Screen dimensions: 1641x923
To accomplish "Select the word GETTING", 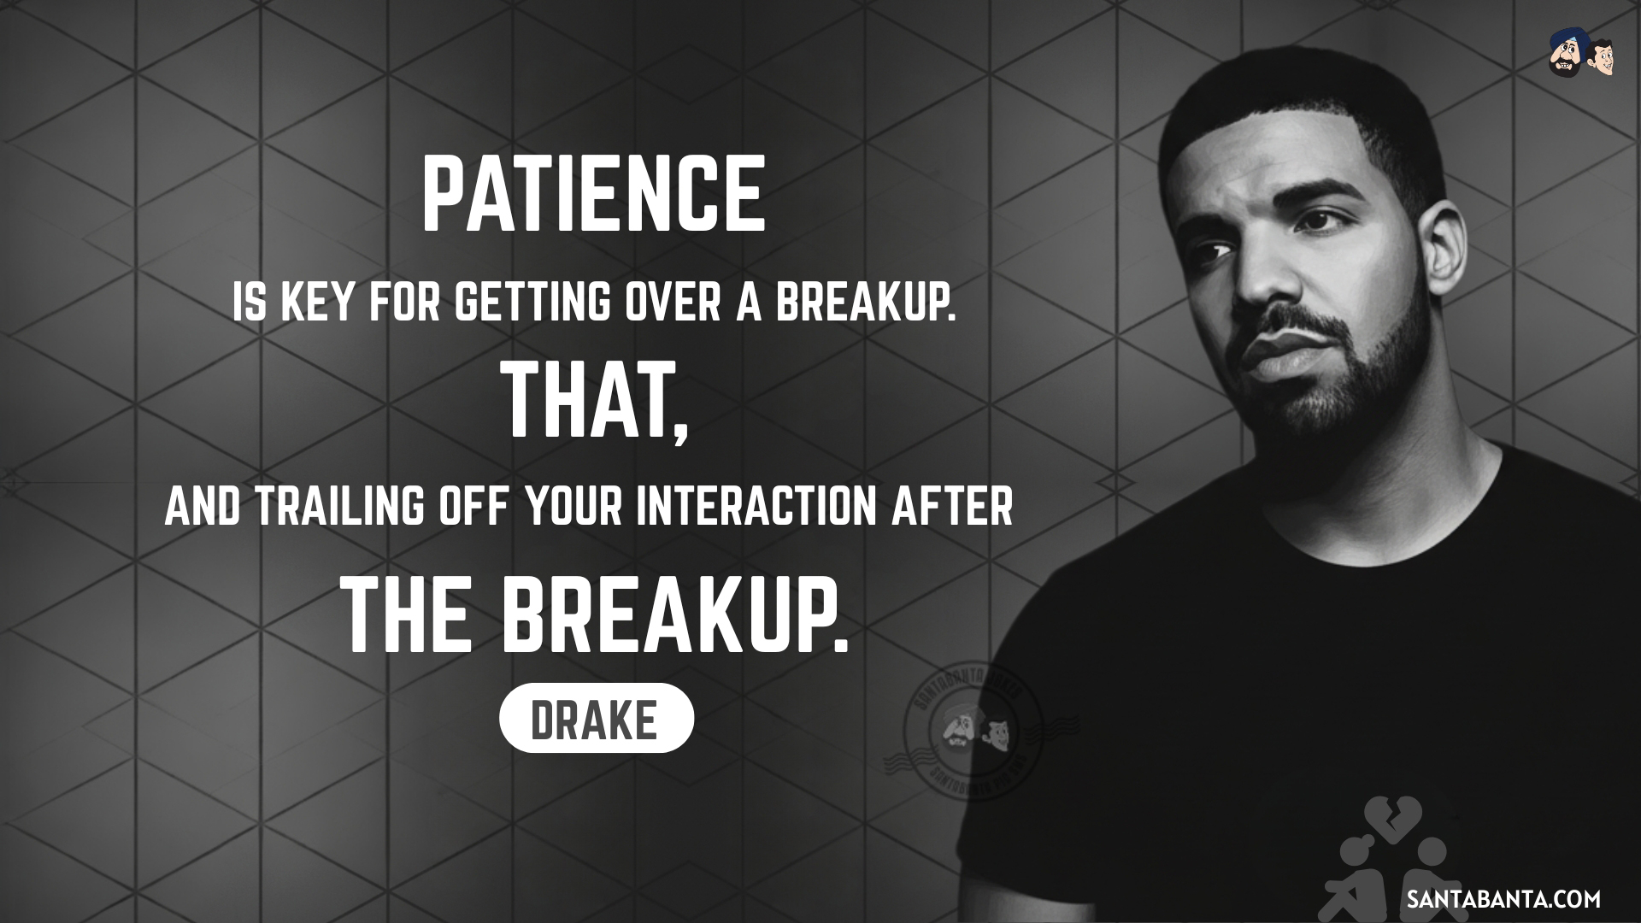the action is (x=532, y=303).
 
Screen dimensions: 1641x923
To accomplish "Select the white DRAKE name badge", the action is (x=596, y=718).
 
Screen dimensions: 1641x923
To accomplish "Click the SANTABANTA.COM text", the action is (x=1503, y=899).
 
